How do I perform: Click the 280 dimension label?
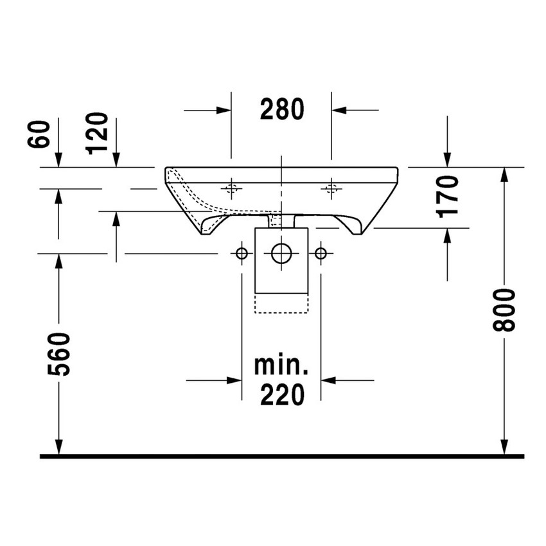tap(281, 110)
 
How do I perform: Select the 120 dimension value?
tap(98, 134)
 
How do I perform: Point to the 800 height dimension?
tap(505, 310)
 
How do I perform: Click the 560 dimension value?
tap(59, 353)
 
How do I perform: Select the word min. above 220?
tap(281, 367)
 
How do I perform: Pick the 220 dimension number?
tap(281, 395)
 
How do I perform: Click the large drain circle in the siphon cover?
tap(281, 253)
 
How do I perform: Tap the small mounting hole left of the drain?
tap(242, 254)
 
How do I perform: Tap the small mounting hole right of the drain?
tap(321, 254)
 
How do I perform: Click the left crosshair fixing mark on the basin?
tap(231, 188)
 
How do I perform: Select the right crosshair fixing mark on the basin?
tap(331, 188)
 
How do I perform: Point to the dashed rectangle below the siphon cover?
tap(281, 303)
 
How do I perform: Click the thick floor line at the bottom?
tap(281, 456)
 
